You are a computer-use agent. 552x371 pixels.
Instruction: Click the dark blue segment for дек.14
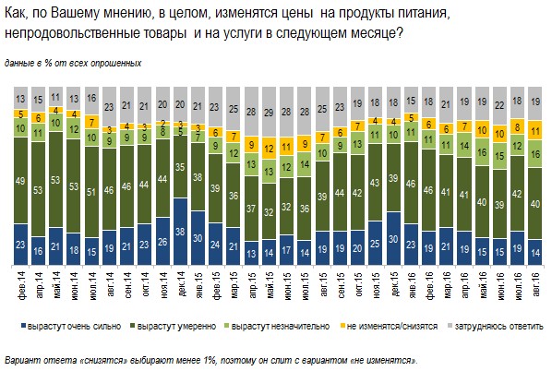(180, 232)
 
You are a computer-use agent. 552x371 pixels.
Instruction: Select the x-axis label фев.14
(22, 285)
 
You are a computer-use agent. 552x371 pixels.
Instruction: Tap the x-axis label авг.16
(535, 284)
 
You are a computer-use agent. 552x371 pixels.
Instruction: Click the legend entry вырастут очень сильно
(71, 327)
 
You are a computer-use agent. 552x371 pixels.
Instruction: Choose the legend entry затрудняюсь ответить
(496, 327)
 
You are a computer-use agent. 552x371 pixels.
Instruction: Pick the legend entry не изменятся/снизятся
(389, 327)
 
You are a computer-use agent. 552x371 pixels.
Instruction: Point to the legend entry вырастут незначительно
(277, 327)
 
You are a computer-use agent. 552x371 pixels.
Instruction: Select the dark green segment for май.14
(56, 180)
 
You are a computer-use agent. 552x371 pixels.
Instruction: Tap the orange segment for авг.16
(535, 130)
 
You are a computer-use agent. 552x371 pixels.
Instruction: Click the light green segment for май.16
(482, 151)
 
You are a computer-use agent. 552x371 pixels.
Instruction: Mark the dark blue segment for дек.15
(393, 238)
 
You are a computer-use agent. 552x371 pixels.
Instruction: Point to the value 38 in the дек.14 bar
(180, 231)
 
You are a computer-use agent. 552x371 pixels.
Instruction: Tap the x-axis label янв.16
(412, 285)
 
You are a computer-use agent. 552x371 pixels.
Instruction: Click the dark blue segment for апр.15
(251, 253)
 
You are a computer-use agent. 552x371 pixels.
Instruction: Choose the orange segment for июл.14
(91, 122)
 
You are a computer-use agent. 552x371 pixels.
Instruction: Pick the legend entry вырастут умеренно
(174, 327)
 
